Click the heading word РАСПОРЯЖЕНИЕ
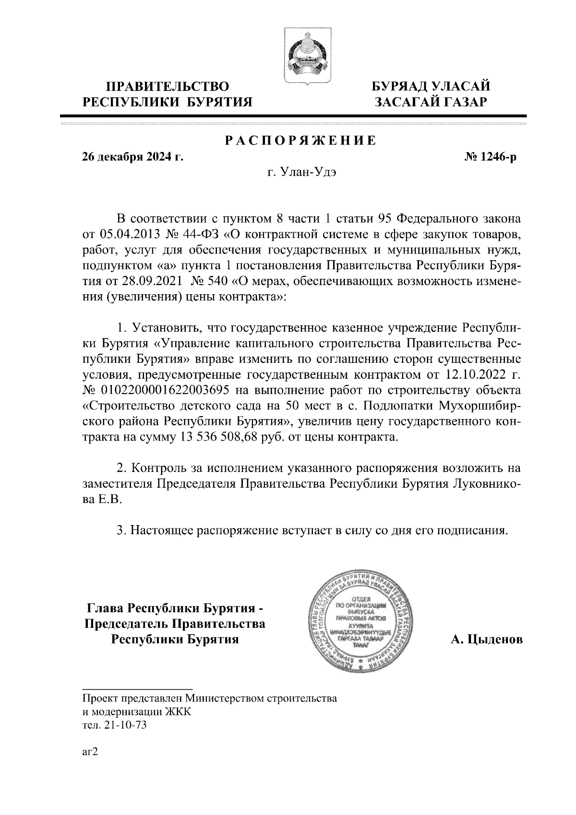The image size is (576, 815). (301, 141)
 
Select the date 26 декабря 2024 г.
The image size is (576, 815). (133, 157)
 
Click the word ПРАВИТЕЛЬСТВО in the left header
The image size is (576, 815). (168, 87)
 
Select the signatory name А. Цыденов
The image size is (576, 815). (486, 639)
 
